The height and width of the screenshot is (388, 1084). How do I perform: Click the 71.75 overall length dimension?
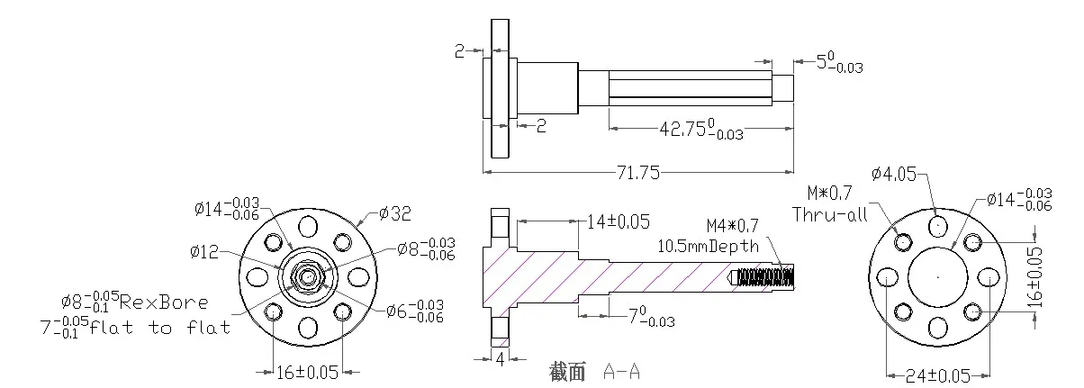coord(637,173)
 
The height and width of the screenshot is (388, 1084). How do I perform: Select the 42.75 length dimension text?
coord(701,129)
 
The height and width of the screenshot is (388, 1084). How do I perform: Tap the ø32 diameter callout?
coord(395,213)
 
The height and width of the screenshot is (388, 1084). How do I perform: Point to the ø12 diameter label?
coord(204,251)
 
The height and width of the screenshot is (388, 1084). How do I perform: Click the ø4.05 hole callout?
coord(894,174)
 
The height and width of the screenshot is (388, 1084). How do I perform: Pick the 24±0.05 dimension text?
coord(937,375)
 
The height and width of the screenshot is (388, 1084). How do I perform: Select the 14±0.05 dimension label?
coord(618,221)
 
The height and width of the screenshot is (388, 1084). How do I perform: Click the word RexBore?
coord(164,302)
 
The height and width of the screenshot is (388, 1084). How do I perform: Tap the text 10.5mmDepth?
coord(708,247)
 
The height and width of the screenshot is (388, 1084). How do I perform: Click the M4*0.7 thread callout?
coord(732,225)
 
